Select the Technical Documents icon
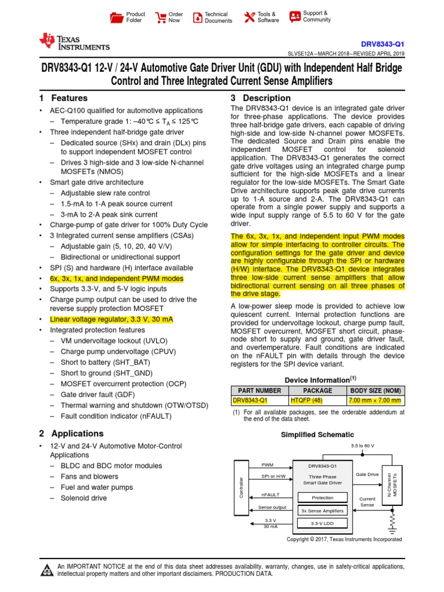tap(197, 17)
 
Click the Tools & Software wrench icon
tap(249, 17)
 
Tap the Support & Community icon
tap(295, 16)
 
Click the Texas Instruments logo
tap(74, 42)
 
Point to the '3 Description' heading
tap(261, 98)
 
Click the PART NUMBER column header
tap(257, 390)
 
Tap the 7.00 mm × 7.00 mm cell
tap(375, 400)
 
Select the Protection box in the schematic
tap(322, 498)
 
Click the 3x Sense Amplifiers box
tap(322, 511)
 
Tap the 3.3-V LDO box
tap(322, 524)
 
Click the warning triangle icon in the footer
tap(46, 571)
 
